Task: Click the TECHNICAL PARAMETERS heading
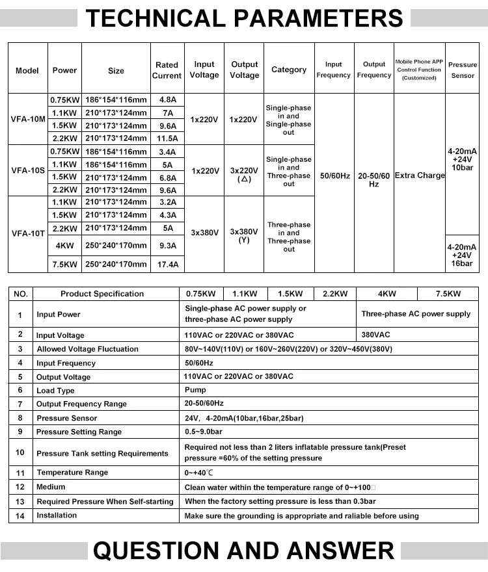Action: click(x=244, y=18)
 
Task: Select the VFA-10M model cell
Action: click(x=28, y=119)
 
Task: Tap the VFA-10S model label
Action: click(x=28, y=171)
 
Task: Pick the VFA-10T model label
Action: click(x=28, y=233)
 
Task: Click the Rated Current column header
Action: click(x=167, y=70)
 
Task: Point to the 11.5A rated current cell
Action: click(x=167, y=138)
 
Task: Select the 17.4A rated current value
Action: click(x=167, y=265)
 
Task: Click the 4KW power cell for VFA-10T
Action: click(x=64, y=246)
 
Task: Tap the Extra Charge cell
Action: click(x=420, y=175)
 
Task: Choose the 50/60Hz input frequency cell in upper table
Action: click(x=334, y=175)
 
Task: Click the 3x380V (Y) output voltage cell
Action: click(x=244, y=235)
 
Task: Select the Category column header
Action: click(x=288, y=70)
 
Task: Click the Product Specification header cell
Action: click(x=102, y=294)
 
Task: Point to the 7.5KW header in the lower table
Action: click(x=448, y=294)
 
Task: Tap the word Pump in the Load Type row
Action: click(x=195, y=390)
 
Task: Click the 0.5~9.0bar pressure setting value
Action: click(x=204, y=432)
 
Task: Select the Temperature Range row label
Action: click(x=72, y=473)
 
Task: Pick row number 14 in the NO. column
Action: click(x=20, y=515)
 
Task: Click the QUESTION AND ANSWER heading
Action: click(x=244, y=551)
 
